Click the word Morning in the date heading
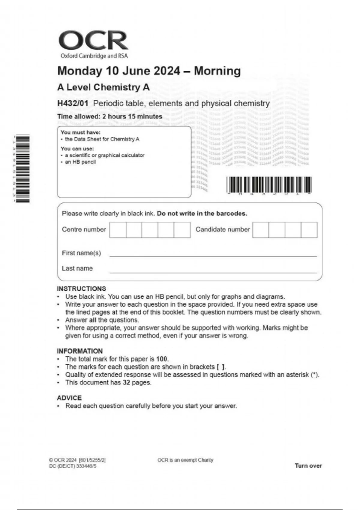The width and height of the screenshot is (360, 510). (x=217, y=71)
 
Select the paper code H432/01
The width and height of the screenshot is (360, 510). (x=73, y=103)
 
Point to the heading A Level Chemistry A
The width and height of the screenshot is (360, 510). (x=103, y=87)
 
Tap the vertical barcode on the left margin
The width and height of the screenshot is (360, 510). (x=23, y=169)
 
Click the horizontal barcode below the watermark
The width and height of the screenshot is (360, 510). (x=269, y=184)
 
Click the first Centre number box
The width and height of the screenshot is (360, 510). (x=118, y=230)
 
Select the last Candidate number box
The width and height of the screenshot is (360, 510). (x=309, y=230)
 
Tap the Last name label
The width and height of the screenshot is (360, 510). (x=77, y=268)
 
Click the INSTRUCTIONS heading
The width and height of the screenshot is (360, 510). (x=81, y=289)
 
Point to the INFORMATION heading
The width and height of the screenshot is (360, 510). (x=79, y=351)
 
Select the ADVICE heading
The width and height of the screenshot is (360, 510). (x=69, y=398)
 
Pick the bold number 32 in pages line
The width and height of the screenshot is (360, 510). (x=126, y=382)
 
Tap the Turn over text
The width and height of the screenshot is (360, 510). (x=308, y=466)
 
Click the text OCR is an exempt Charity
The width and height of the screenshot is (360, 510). (x=185, y=460)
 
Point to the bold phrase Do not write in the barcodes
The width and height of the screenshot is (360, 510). (x=202, y=214)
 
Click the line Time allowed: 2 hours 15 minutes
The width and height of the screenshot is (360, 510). (x=109, y=117)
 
